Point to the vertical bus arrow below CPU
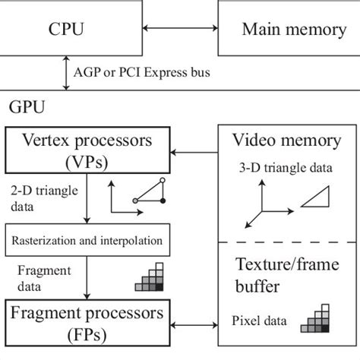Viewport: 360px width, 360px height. [65, 74]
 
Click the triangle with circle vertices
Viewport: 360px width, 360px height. [150, 189]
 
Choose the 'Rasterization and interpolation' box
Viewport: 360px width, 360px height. [86, 240]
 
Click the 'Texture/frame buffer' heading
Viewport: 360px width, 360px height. [288, 276]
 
